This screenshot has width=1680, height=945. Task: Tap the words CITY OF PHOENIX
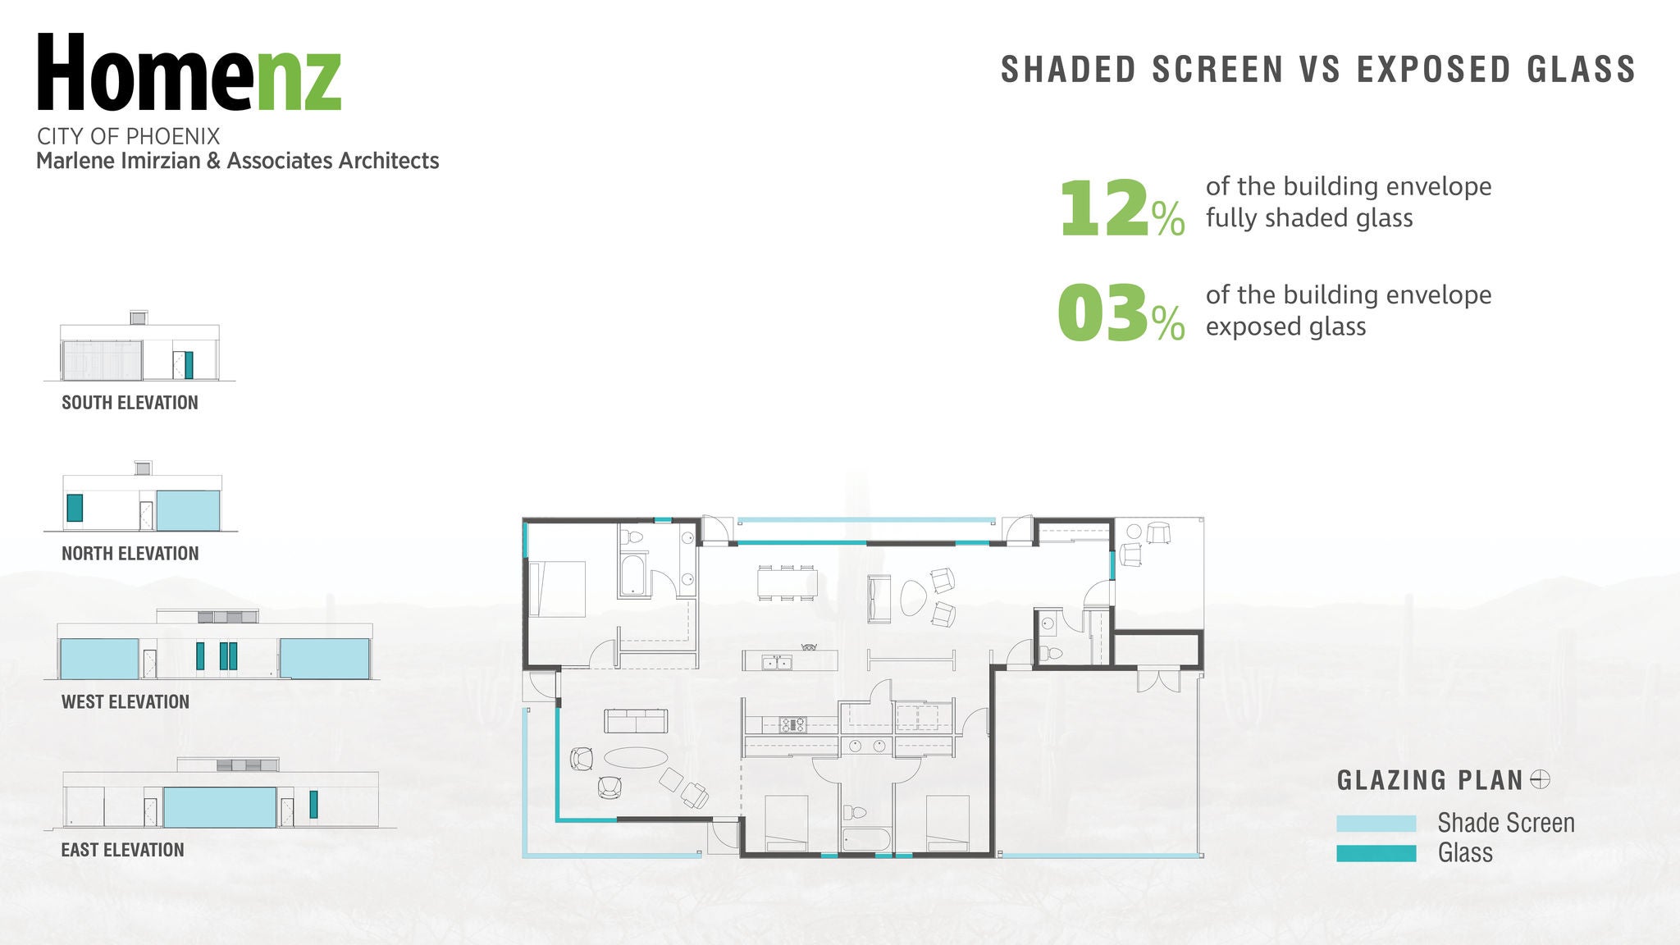tap(128, 136)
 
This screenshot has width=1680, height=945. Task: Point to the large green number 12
tap(1103, 208)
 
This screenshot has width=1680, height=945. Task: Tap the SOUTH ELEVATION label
tap(130, 403)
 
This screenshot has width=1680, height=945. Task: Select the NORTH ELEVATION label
tap(130, 554)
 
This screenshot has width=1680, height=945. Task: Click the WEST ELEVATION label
tap(125, 702)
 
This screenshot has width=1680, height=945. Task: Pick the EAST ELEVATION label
tap(122, 850)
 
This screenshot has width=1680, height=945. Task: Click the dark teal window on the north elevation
tap(75, 508)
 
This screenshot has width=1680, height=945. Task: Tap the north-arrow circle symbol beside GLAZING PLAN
tap(1540, 779)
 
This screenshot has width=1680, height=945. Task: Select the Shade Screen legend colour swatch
tap(1376, 824)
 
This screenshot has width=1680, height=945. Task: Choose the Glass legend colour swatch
tap(1376, 853)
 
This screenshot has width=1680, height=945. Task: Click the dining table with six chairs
tap(786, 582)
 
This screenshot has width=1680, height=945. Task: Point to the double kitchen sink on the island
tap(776, 662)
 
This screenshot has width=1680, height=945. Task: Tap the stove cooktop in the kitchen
tap(792, 724)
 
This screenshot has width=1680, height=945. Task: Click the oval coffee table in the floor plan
tap(635, 757)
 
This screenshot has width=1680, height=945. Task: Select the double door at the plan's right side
tap(1157, 681)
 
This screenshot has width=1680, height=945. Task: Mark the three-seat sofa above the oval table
tap(636, 721)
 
